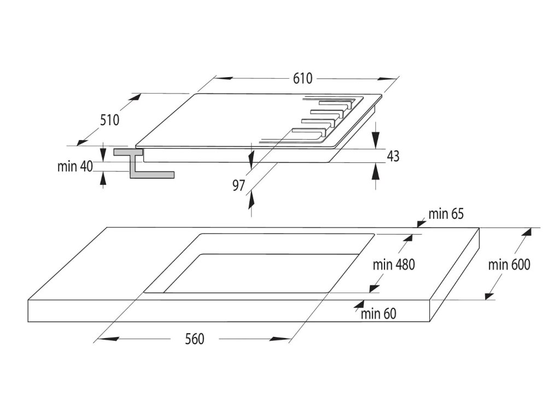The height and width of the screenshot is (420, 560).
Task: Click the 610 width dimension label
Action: [302, 78]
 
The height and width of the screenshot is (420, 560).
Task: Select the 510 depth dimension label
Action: [109, 120]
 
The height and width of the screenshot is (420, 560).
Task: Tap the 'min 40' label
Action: [75, 167]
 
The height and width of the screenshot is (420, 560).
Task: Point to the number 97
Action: [238, 185]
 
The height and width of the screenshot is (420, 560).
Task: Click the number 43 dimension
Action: [393, 156]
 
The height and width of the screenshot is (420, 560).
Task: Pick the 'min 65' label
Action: [446, 214]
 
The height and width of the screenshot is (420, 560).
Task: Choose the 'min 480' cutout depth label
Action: [394, 265]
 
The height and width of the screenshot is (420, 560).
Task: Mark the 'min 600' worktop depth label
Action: [509, 265]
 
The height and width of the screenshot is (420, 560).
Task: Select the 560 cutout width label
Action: [194, 339]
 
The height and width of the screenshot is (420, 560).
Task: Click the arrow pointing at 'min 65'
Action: [421, 222]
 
